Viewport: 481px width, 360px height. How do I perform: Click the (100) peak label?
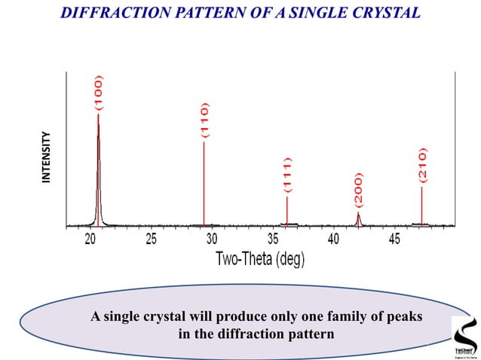tap(99, 93)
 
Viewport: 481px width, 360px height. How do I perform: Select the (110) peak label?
tap(204, 121)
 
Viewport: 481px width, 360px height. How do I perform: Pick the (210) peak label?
tap(422, 166)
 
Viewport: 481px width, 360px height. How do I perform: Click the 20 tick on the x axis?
tap(90, 239)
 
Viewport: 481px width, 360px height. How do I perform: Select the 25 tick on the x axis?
tap(151, 239)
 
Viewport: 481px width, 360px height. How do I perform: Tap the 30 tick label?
tap(212, 239)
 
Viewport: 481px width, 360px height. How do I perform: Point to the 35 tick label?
tap(273, 239)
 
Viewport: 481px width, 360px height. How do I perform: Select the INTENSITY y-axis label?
tap(47, 157)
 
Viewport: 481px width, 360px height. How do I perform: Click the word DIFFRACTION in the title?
tap(117, 14)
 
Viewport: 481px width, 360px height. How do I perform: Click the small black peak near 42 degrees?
tap(358, 218)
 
